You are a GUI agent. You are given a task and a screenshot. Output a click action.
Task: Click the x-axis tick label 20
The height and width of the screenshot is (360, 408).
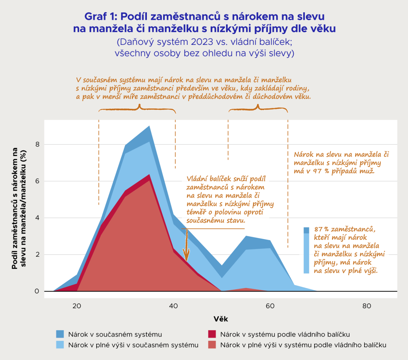click(x=77, y=306)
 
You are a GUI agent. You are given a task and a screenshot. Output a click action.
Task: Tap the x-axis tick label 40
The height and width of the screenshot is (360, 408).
click(x=173, y=306)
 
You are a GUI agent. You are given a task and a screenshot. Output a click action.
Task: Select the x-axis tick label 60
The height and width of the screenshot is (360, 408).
click(x=270, y=306)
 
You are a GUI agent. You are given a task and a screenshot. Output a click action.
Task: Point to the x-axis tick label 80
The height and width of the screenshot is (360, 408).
click(x=367, y=306)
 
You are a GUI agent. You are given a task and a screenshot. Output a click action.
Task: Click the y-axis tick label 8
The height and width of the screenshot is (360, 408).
click(x=37, y=144)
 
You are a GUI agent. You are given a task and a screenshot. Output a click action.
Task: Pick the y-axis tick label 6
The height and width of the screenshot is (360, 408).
click(x=37, y=181)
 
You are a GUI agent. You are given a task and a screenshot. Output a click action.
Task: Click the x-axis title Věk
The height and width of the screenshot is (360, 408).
click(x=221, y=319)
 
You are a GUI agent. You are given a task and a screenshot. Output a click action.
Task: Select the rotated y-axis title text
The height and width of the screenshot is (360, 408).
click(x=19, y=208)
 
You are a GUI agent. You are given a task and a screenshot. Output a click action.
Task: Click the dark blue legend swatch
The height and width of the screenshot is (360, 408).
click(x=60, y=334)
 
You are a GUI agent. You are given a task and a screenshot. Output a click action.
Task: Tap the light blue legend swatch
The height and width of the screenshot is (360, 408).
click(x=60, y=345)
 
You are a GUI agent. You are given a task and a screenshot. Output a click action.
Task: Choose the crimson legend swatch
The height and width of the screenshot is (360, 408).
click(x=212, y=334)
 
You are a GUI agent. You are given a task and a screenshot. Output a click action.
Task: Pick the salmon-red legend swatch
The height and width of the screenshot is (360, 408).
click(x=212, y=345)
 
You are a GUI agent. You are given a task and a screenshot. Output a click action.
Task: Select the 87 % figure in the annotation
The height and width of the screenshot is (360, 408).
click(x=321, y=229)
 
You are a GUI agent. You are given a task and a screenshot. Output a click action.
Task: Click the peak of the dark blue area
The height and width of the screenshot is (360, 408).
click(x=149, y=126)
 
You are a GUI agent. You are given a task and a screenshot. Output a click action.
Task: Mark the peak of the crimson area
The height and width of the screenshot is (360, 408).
click(x=149, y=175)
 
